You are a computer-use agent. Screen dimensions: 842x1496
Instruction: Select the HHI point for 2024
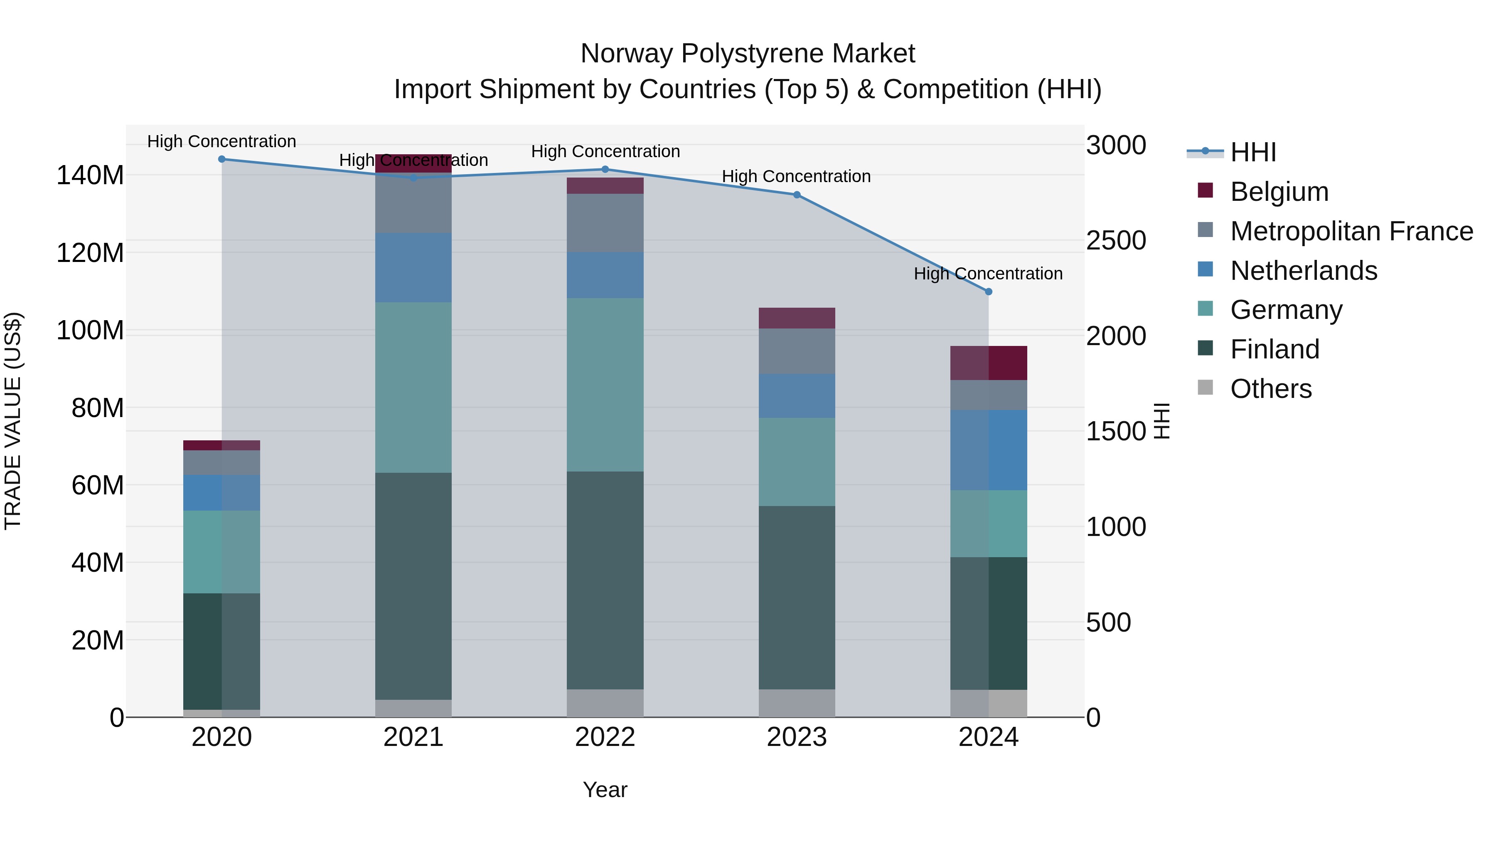[x=989, y=292]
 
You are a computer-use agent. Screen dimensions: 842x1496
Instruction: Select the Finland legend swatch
[x=1205, y=349]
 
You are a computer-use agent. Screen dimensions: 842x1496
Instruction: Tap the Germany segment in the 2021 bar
[x=413, y=387]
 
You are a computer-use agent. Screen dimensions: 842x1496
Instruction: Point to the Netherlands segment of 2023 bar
[x=797, y=396]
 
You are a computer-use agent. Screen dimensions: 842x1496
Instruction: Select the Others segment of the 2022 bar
[x=605, y=703]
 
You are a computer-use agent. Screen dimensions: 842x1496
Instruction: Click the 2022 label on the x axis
[x=605, y=737]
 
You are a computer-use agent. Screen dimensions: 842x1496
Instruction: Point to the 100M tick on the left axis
[x=90, y=331]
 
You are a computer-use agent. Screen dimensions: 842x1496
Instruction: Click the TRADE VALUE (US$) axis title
[x=13, y=421]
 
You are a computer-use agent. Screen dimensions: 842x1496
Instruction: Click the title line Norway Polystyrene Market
[x=748, y=54]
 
